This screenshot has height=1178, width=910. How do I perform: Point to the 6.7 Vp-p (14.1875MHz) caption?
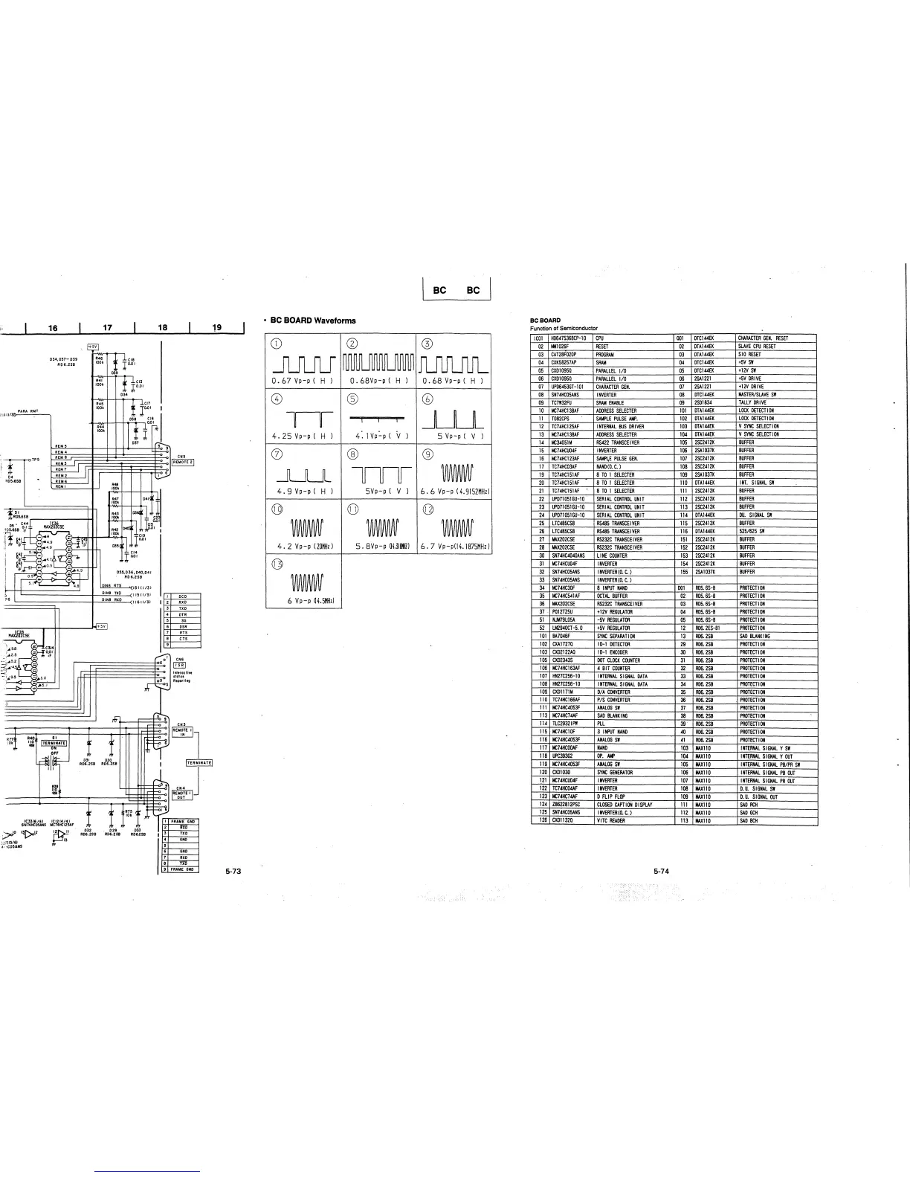pos(455,545)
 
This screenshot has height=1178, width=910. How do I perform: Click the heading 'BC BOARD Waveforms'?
pos(313,321)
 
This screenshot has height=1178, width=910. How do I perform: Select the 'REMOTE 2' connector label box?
pos(183,462)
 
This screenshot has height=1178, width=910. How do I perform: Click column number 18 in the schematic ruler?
pos(163,326)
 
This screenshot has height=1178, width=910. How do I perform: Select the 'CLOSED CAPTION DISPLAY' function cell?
pos(624,805)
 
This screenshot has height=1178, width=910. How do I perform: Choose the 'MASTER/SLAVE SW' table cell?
pos(757,394)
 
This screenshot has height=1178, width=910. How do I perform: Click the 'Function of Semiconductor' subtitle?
pos(564,329)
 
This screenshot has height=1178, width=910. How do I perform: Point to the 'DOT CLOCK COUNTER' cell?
pos(617,660)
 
